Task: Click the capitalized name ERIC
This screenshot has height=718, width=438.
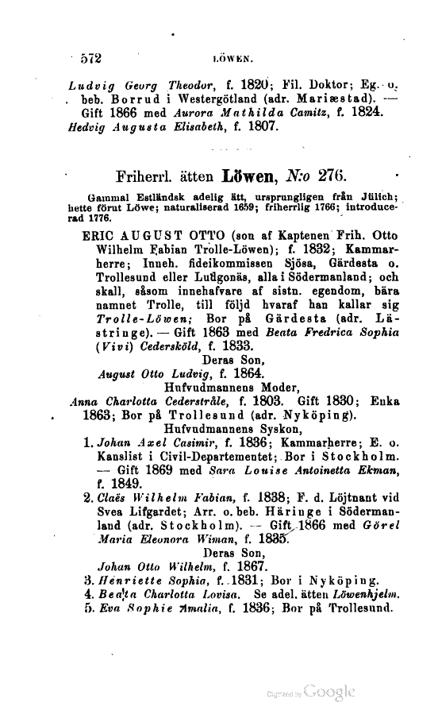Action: tap(100, 236)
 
